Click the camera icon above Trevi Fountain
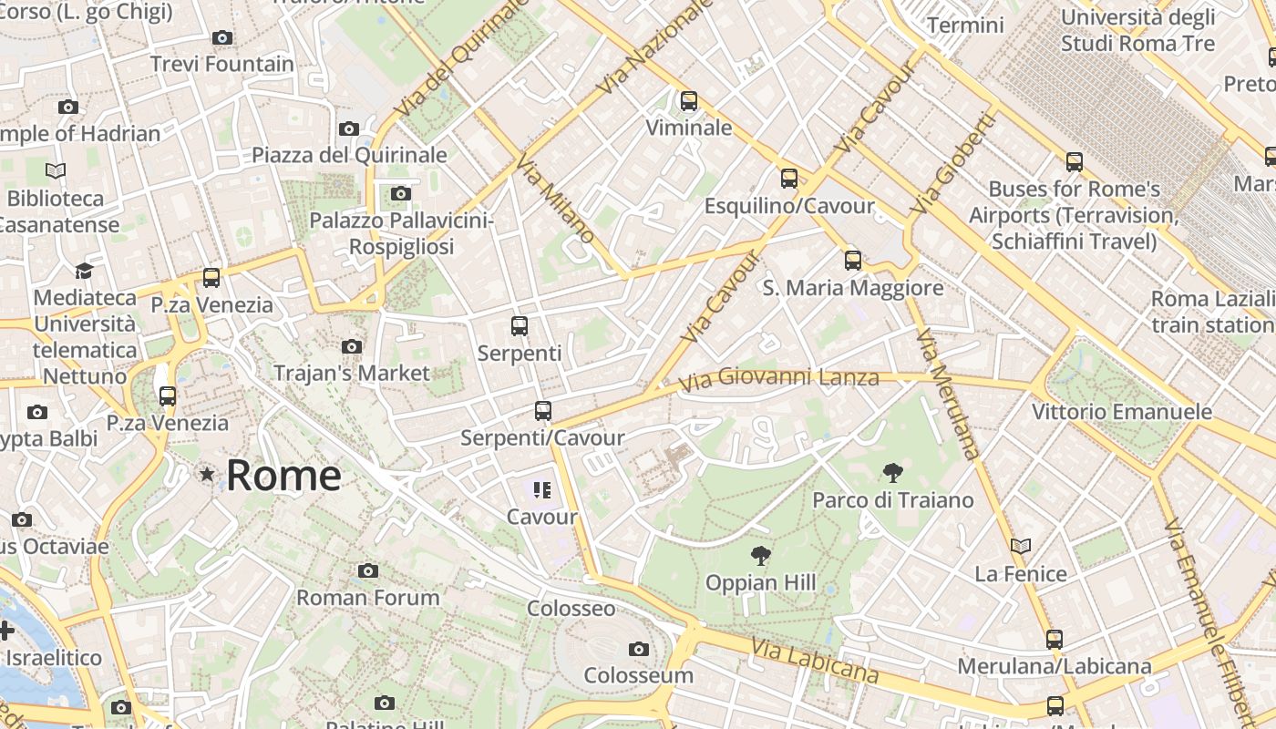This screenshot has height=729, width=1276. tap(221, 38)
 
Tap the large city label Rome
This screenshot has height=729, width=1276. tap(283, 475)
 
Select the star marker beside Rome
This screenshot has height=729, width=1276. tap(208, 474)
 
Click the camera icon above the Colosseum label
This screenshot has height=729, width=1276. tap(639, 649)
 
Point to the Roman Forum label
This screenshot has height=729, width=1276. tap(368, 598)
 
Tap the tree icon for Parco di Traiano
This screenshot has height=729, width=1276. tap(893, 473)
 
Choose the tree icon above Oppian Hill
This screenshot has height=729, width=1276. tap(760, 556)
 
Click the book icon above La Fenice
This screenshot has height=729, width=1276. tap(1021, 547)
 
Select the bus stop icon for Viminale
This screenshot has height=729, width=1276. tap(689, 101)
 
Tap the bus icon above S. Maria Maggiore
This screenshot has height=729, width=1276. tap(853, 261)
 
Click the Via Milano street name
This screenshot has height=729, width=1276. tap(555, 199)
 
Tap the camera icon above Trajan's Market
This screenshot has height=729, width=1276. tap(352, 347)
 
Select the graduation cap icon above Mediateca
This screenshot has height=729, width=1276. tap(84, 271)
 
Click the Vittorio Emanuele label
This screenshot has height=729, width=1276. tap(1122, 412)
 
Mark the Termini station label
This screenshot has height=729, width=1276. tap(965, 26)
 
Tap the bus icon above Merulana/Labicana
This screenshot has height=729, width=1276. tap(1055, 640)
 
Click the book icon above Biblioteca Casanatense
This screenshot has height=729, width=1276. tap(56, 171)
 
